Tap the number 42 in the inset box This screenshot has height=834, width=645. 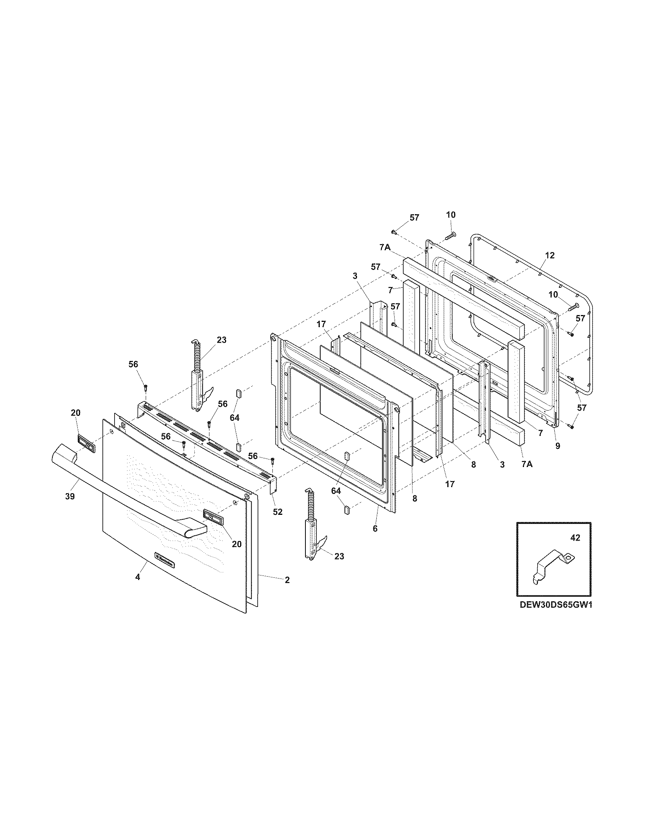[x=575, y=538]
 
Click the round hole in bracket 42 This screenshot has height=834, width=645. [x=568, y=559]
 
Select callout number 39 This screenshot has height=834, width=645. [x=69, y=497]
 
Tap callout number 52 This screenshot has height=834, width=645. [x=277, y=512]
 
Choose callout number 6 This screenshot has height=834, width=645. [x=375, y=528]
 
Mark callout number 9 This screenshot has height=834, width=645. [x=557, y=445]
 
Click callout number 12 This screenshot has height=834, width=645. [x=549, y=256]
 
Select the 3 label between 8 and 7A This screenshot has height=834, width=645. [x=502, y=464]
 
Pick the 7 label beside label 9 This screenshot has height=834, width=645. [x=540, y=433]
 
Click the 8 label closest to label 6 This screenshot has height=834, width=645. [x=415, y=498]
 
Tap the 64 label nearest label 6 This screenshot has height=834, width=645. [x=336, y=491]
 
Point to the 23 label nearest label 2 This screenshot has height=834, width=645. [x=339, y=557]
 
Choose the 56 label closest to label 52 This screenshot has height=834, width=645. [x=253, y=456]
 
